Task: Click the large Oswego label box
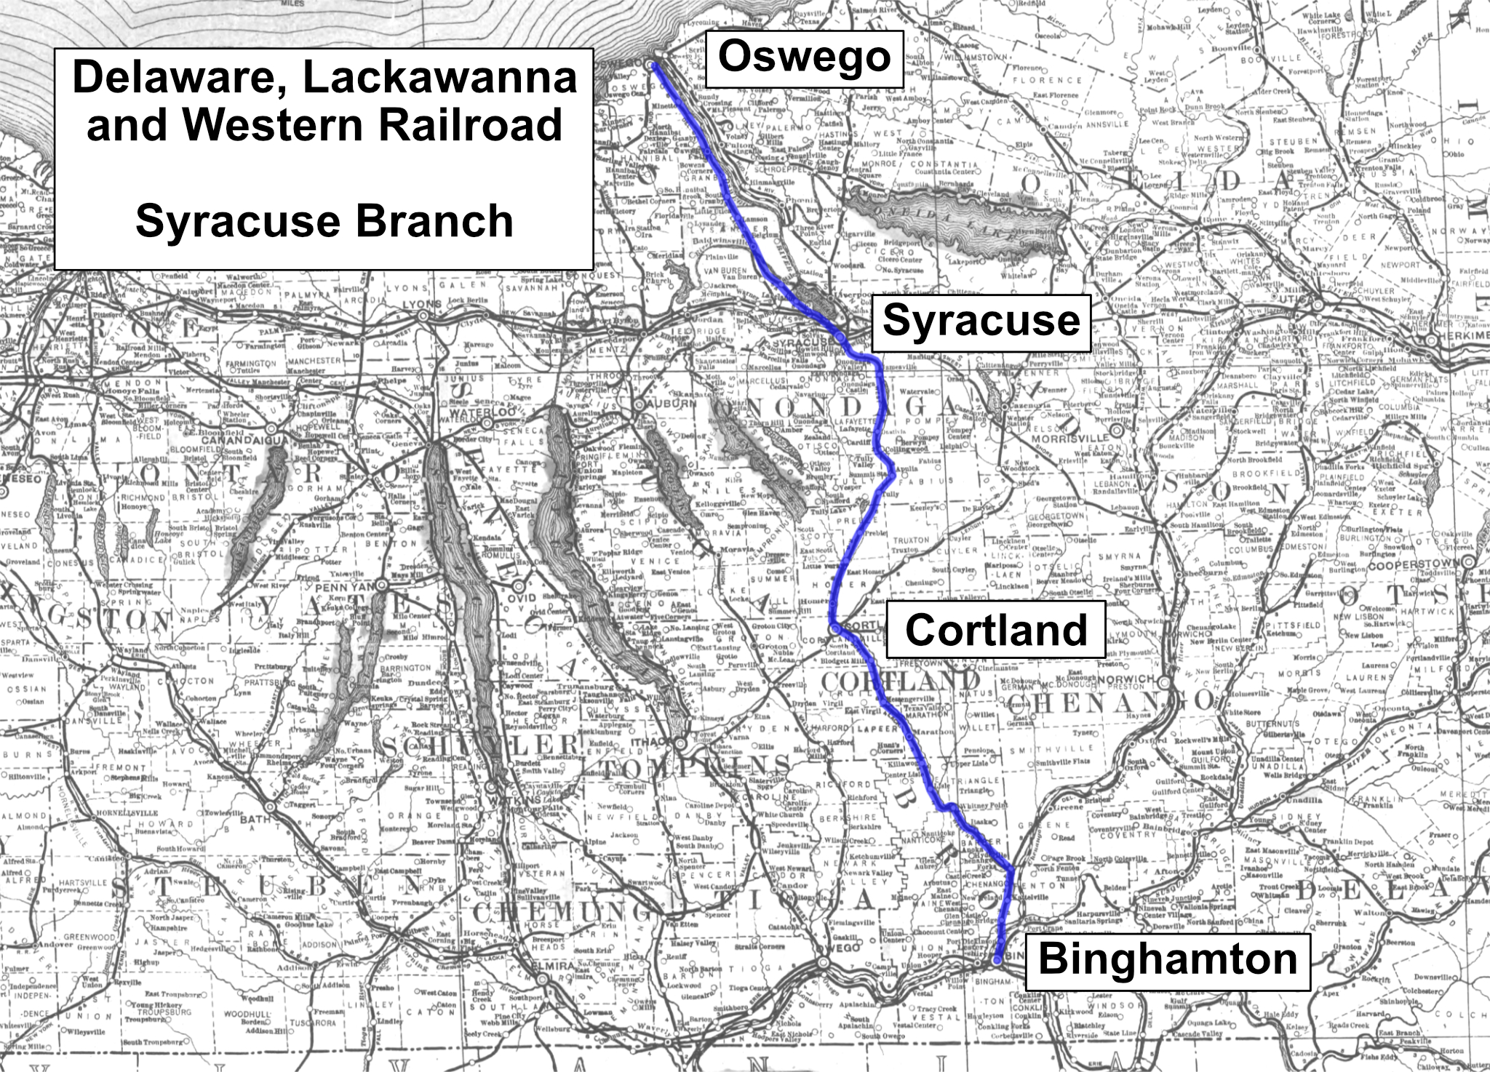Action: pos(805,59)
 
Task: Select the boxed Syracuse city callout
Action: pos(981,322)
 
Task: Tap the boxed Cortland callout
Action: pos(995,630)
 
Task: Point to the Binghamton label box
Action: pos(1167,960)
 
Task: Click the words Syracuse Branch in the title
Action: pos(324,221)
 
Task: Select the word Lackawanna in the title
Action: pos(440,79)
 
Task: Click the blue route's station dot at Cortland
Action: pos(834,628)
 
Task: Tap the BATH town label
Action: pos(255,820)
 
